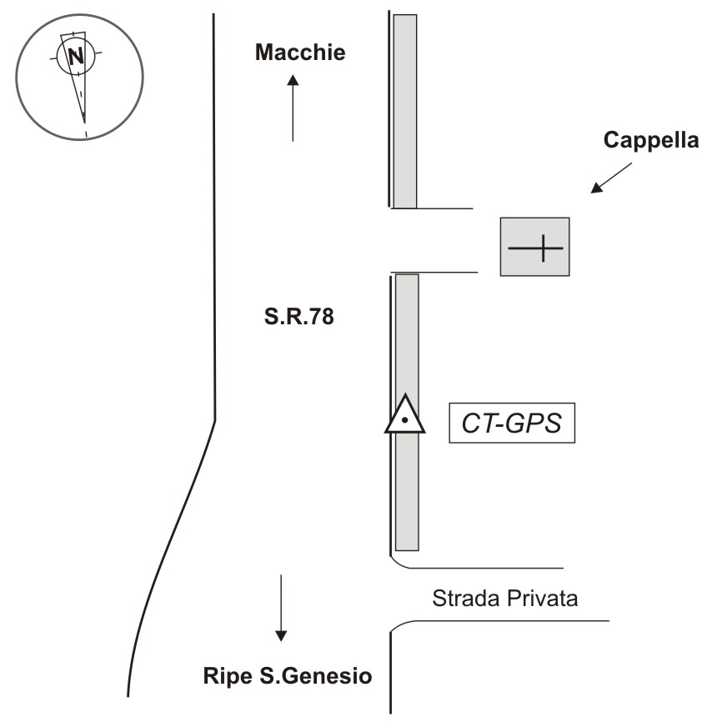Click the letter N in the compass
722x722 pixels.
(76, 57)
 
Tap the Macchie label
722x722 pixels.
(299, 53)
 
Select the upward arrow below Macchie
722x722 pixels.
(293, 108)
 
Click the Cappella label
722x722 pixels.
(650, 141)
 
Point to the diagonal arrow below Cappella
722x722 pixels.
(611, 178)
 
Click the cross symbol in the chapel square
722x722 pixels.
(535, 248)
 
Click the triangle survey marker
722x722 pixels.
(405, 416)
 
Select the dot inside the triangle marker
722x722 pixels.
(405, 421)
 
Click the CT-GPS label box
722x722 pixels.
(512, 424)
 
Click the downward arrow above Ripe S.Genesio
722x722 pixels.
(281, 608)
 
